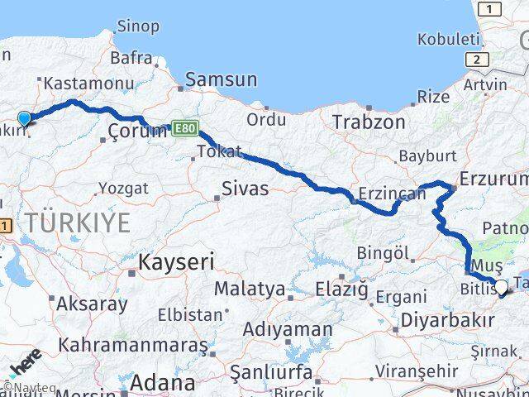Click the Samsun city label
tap(221, 80)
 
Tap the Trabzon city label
tap(369, 122)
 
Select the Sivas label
tap(245, 189)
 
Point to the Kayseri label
tap(176, 263)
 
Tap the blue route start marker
tap(24, 118)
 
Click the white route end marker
tap(500, 287)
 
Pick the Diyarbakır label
tap(446, 319)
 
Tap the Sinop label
tap(138, 26)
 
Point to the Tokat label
tap(220, 152)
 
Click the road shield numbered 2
tap(476, 60)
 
